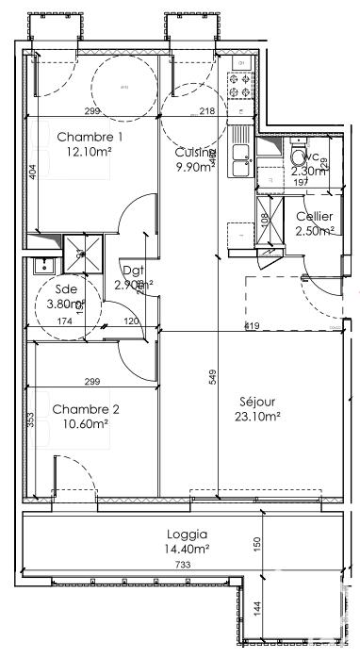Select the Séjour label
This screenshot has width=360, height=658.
[256, 400]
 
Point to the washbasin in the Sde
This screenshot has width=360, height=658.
[41, 265]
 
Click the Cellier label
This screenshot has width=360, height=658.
[314, 217]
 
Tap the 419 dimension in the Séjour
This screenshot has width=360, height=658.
[252, 326]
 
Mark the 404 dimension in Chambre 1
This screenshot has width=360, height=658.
[32, 173]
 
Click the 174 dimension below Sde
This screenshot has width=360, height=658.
[65, 321]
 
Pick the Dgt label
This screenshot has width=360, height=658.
[134, 270]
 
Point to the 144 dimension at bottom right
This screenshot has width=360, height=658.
[255, 608]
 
